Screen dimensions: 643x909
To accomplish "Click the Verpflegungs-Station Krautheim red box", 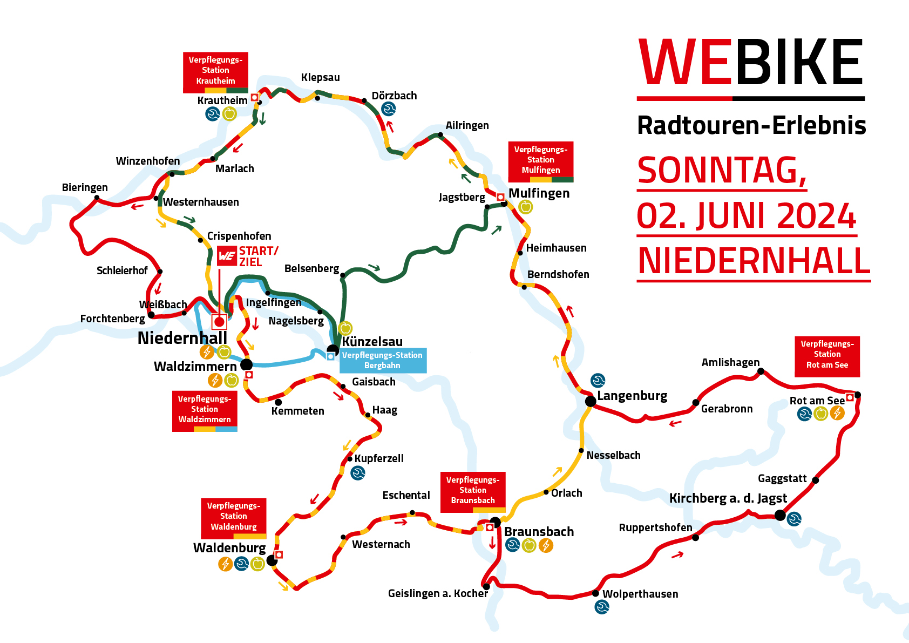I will pyautogui.click(x=215, y=70).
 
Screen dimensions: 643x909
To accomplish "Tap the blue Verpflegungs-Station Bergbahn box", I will pyautogui.click(x=383, y=360).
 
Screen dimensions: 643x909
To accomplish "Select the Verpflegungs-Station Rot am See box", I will pyautogui.click(x=827, y=355).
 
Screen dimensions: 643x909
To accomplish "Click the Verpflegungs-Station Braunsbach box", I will pyautogui.click(x=473, y=490).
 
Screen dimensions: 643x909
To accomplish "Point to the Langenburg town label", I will pyautogui.click(x=632, y=396).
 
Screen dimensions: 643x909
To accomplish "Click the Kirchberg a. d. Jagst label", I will pyautogui.click(x=728, y=498).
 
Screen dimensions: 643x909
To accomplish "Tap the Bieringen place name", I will pyautogui.click(x=85, y=187).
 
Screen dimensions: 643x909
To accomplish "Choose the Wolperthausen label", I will pyautogui.click(x=640, y=594).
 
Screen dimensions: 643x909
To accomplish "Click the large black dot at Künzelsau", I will pyautogui.click(x=333, y=350).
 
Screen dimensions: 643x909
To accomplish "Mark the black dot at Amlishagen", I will pyautogui.click(x=761, y=371).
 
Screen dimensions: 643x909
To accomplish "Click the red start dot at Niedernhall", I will pyautogui.click(x=219, y=322).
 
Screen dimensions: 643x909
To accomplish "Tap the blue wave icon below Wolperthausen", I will pyautogui.click(x=602, y=607).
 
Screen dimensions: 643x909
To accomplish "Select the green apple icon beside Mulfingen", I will pyautogui.click(x=525, y=207).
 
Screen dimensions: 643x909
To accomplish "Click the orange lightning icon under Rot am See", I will pyautogui.click(x=837, y=414).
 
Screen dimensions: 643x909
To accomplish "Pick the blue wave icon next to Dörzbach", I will pyautogui.click(x=388, y=109).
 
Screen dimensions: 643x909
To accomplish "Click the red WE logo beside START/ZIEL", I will pyautogui.click(x=227, y=256).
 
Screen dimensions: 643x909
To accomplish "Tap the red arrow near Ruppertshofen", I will pyautogui.click(x=677, y=554).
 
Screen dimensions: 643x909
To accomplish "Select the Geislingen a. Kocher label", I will pyautogui.click(x=438, y=593).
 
